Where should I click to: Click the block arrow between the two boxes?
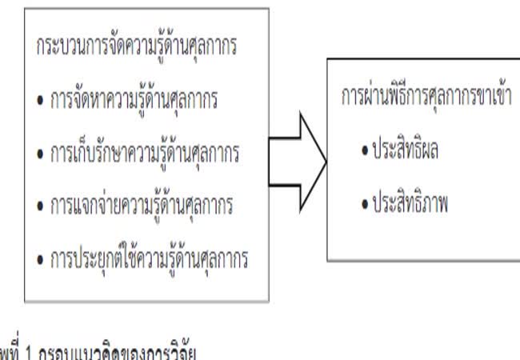pos(296,161)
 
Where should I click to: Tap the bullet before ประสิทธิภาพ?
pos(364,203)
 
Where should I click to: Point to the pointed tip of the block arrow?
pos(326,161)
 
